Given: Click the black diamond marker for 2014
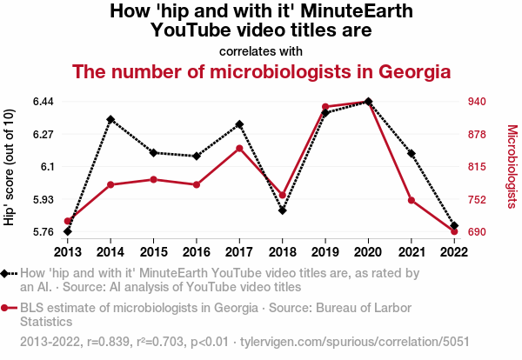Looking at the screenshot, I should tap(110, 119).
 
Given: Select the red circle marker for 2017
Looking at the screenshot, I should tap(239, 148).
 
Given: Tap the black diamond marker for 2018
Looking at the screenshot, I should tap(283, 210).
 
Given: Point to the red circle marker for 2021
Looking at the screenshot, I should tap(412, 201).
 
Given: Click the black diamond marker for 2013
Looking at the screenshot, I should tap(68, 231).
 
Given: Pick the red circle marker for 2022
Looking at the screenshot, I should tap(454, 231).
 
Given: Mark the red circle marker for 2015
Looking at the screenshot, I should tap(153, 179).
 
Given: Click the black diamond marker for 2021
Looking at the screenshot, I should tap(412, 154).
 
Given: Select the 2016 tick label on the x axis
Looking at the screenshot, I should tap(197, 252).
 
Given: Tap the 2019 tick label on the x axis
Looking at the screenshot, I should tap(325, 252).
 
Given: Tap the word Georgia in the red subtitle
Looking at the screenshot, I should tap(406, 70).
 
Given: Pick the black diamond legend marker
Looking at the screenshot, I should tap(5, 273).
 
